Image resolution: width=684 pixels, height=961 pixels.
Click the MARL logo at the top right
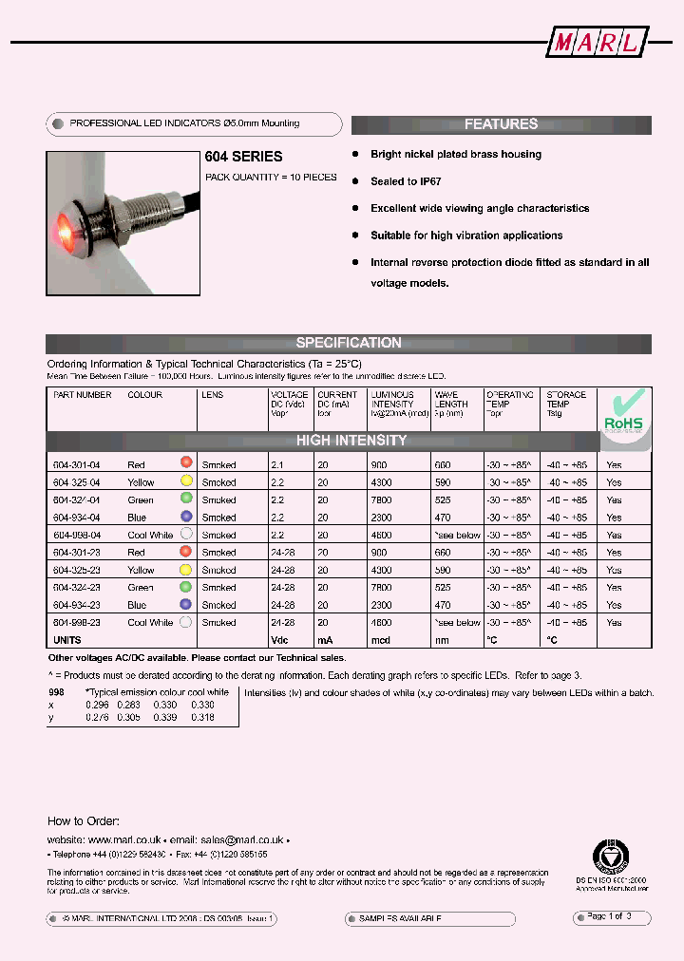599,43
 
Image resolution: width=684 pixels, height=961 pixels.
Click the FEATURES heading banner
501,124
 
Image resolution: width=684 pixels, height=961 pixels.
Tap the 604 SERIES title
244,157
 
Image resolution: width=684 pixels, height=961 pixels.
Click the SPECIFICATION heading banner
349,343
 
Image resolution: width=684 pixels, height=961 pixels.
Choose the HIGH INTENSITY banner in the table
351,441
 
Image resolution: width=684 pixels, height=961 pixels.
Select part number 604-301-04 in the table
77,465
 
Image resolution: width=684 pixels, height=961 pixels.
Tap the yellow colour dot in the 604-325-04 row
186,481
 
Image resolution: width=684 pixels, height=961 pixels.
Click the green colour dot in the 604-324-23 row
186,587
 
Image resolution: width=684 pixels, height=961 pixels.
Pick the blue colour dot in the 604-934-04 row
186,517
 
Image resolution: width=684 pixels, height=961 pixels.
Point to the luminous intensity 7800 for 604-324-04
382,499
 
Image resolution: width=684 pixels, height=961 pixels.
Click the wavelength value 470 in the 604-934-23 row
442,605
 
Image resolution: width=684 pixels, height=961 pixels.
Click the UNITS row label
67,641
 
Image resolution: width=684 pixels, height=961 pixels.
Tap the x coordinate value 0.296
97,706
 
